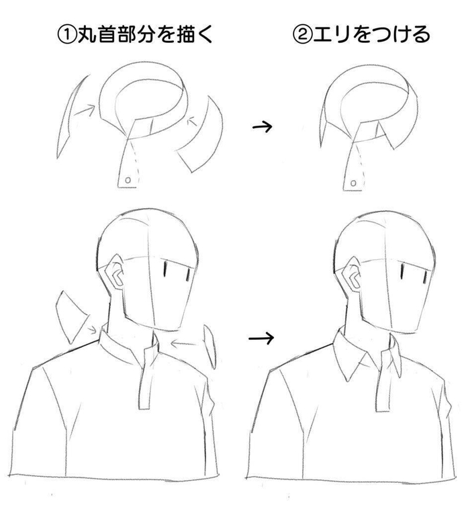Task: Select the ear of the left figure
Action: (x=115, y=276)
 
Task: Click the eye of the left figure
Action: (x=163, y=269)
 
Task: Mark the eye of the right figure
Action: (x=402, y=271)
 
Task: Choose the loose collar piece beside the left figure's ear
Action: (x=70, y=314)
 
